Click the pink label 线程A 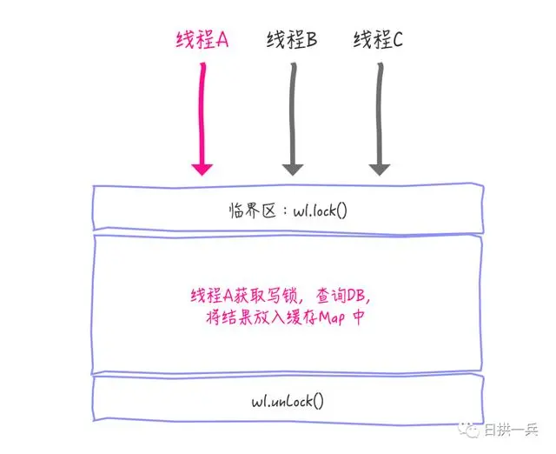[x=201, y=39]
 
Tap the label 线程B [x=291, y=39]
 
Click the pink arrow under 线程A [x=202, y=113]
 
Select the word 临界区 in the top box [x=245, y=210]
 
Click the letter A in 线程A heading [x=221, y=39]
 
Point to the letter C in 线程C [x=397, y=39]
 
